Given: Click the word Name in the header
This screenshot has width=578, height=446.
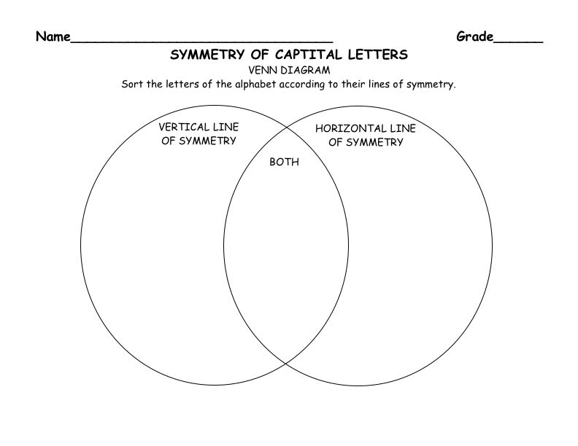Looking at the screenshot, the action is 53,36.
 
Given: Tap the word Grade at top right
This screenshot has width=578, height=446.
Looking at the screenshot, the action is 475,36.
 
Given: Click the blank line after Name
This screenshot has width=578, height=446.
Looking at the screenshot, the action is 201,42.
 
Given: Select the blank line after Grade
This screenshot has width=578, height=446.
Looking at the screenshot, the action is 518,42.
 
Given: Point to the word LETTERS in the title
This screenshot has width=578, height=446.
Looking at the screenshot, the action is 378,55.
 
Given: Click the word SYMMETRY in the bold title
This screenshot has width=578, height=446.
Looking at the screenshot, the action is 207,55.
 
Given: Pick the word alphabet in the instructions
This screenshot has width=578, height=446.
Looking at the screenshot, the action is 255,85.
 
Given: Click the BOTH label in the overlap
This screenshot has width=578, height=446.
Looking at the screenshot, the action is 284,162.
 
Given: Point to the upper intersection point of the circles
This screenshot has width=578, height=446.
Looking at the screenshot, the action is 286,128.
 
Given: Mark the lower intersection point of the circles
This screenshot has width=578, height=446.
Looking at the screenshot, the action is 285,364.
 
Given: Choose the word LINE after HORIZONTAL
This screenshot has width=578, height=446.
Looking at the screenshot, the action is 403,128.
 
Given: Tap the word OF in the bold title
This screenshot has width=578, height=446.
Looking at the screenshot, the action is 260,55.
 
